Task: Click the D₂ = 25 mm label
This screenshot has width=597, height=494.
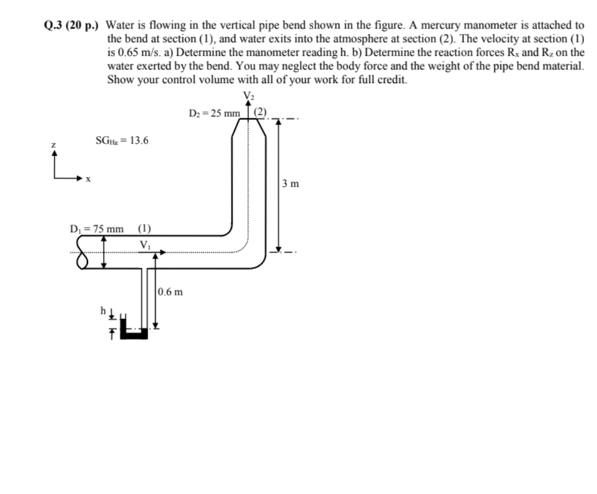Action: click(214, 113)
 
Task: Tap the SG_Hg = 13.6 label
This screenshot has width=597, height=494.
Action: click(121, 141)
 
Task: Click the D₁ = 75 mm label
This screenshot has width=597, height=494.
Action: click(97, 229)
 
